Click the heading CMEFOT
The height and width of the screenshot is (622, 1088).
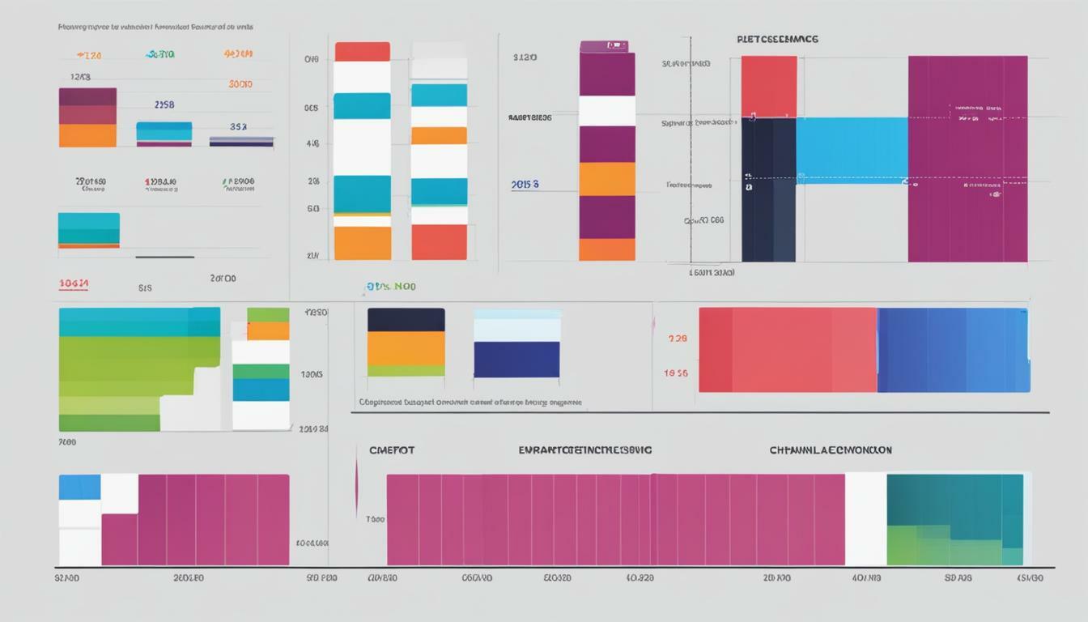coord(392,449)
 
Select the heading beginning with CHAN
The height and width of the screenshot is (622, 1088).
coord(830,449)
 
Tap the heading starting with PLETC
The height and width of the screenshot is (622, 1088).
coord(777,39)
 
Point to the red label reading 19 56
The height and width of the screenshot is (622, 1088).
coord(676,373)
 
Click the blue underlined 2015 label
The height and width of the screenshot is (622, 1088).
coord(525,185)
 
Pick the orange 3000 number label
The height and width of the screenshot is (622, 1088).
coord(240,83)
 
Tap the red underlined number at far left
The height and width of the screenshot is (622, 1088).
coord(74,284)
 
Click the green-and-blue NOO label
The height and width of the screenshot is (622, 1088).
coord(390,287)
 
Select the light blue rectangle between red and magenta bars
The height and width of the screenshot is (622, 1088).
coord(852,150)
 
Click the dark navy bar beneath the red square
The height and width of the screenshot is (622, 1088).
coord(768,190)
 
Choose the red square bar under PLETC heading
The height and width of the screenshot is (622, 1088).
coord(768,86)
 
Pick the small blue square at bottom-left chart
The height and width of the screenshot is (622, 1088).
coord(79,487)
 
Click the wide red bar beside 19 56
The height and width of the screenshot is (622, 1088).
coord(787,350)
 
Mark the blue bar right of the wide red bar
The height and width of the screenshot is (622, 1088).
coord(953,350)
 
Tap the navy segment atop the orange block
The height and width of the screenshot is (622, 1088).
coord(406,319)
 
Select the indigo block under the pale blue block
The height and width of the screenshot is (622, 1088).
coord(516,360)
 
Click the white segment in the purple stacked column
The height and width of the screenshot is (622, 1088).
coord(607,111)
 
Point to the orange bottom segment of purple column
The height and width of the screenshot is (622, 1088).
coord(607,249)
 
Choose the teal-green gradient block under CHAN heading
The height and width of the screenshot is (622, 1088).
coord(954,519)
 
